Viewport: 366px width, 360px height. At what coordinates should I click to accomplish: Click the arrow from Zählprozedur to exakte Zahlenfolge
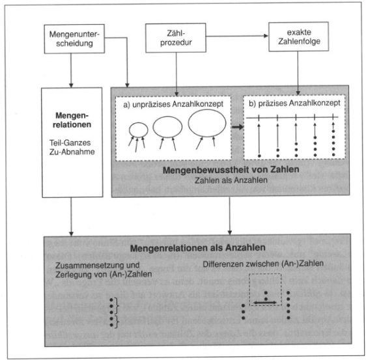click(x=237, y=36)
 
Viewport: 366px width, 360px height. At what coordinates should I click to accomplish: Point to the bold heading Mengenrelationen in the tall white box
click(x=72, y=120)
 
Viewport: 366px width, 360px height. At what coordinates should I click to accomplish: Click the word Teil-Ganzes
click(x=70, y=143)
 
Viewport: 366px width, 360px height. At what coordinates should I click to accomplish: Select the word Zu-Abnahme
click(x=72, y=152)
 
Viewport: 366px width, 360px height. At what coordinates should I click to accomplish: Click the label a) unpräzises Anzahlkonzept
click(x=173, y=104)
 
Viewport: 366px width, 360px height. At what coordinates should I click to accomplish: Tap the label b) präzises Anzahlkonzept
click(x=294, y=103)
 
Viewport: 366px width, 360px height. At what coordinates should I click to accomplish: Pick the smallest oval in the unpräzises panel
click(x=139, y=123)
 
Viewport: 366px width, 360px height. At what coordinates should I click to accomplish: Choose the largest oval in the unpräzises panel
click(x=207, y=110)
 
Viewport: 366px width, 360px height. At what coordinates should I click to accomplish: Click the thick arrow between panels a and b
click(x=238, y=127)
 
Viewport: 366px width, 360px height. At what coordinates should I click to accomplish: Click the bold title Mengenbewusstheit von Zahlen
click(x=231, y=170)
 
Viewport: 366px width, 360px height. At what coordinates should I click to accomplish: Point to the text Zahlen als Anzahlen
click(x=231, y=180)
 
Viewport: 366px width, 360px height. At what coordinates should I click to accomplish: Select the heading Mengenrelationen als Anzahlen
click(x=198, y=248)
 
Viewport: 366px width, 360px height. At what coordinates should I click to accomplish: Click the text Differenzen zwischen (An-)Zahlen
click(x=263, y=264)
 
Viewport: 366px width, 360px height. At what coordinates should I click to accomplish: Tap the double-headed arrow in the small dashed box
click(x=265, y=303)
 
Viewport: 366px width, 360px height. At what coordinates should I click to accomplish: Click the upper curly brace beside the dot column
click(x=117, y=305)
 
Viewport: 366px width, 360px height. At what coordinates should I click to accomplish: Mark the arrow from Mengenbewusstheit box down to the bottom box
click(x=230, y=215)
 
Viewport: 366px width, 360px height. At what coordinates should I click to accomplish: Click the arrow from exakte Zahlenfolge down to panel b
click(x=298, y=73)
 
